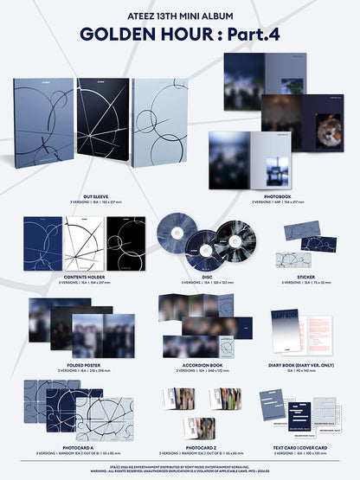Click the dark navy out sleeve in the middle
pos(101,130)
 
